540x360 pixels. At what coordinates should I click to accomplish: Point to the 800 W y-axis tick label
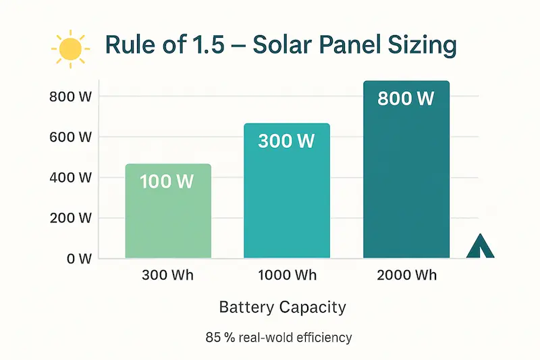point(70,96)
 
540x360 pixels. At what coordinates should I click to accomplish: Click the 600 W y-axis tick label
point(70,137)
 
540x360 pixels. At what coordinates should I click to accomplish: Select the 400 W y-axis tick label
point(70,178)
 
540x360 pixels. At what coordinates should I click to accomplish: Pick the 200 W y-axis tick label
point(70,219)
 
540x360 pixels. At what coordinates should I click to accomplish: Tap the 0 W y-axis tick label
point(77,259)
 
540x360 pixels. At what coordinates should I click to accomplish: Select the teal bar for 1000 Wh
point(287,203)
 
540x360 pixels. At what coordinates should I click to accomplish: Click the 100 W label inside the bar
point(167,182)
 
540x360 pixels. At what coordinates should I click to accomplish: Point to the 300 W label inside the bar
point(286,141)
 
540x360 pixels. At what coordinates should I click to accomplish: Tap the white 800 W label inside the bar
point(405,99)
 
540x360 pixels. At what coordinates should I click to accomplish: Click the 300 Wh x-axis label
point(167,276)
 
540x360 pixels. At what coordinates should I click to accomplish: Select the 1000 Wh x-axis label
point(286,276)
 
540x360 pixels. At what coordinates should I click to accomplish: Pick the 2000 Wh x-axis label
point(406,276)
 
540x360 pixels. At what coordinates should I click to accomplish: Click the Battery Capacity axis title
point(282,308)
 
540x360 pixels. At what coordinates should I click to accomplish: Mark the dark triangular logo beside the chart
point(481,248)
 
